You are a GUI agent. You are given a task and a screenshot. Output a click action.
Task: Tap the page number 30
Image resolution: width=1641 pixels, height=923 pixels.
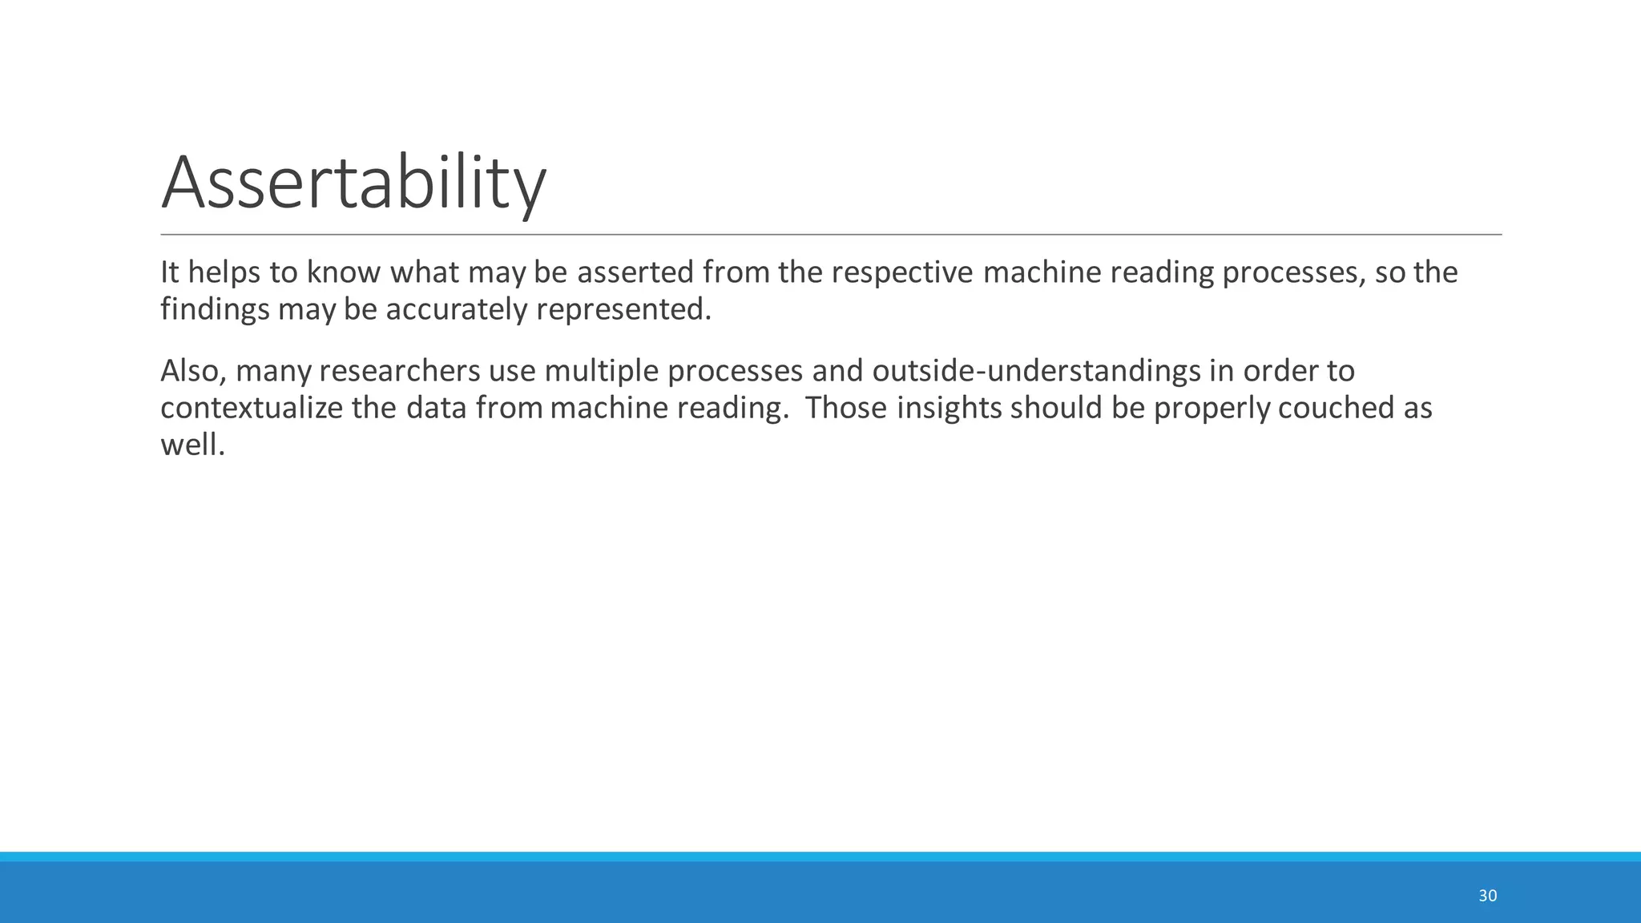1487,896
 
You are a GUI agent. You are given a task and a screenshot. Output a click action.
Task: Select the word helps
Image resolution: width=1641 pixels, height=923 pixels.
224,273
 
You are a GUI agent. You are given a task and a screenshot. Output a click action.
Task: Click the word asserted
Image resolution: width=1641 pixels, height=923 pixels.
635,272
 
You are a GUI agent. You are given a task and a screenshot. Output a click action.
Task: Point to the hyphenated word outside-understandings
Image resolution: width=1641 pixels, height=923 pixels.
1036,371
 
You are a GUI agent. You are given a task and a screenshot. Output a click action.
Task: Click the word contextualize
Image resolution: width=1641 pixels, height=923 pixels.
251,408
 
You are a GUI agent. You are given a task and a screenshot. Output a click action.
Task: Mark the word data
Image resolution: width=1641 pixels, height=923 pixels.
436,408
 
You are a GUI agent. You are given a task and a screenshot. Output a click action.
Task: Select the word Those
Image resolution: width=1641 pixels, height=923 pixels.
845,408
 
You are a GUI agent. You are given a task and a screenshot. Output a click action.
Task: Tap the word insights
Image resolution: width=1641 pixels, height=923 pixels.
949,408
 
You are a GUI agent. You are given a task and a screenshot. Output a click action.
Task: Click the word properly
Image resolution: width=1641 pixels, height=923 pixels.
1212,409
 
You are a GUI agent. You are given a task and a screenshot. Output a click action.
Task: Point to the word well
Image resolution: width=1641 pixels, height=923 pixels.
192,445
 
